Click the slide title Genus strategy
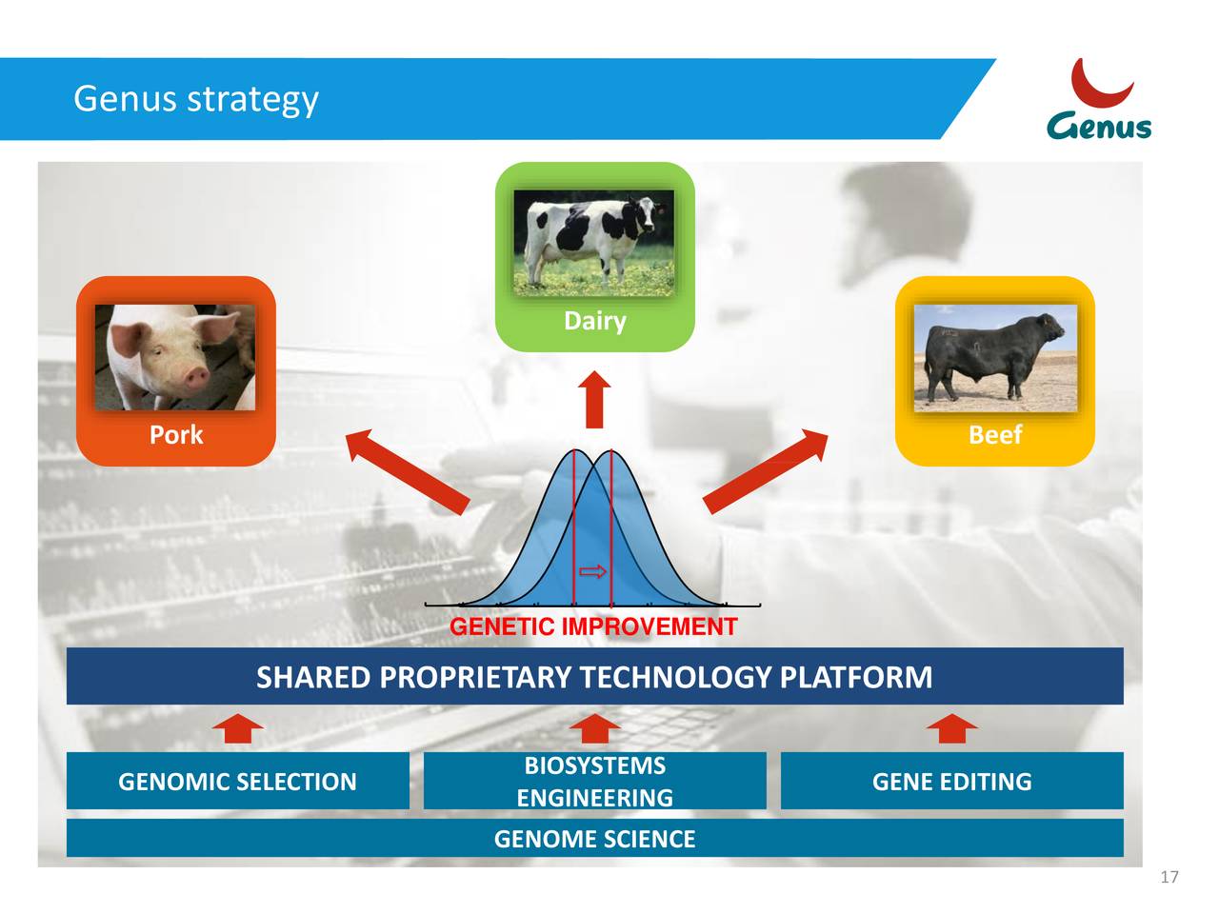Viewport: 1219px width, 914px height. [195, 99]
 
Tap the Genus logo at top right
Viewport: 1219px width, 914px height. [1100, 101]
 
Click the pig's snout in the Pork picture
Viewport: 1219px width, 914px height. [195, 376]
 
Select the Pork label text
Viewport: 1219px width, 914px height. [176, 435]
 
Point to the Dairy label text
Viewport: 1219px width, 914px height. [594, 321]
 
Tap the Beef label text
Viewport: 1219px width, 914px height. [994, 435]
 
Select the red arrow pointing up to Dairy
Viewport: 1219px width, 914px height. [595, 400]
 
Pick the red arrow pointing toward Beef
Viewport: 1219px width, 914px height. [767, 470]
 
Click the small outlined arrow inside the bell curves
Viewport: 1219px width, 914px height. [593, 571]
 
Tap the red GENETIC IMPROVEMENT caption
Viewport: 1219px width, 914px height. [593, 626]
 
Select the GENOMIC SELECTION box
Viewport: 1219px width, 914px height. [237, 782]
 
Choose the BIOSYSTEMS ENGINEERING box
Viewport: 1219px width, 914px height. [594, 782]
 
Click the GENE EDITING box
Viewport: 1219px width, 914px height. [951, 782]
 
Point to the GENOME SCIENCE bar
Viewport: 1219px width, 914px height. [594, 839]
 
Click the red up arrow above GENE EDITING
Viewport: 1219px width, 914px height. [951, 728]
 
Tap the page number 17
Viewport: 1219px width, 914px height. [1169, 878]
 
